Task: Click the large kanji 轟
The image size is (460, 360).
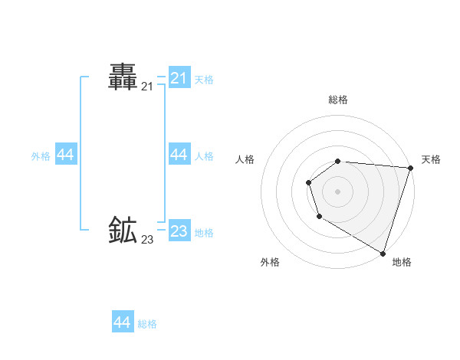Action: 123,77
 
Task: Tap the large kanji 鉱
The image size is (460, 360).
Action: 123,230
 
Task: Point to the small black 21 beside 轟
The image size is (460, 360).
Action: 147,87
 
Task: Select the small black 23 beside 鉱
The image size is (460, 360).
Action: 147,240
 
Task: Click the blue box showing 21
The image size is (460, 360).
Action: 179,78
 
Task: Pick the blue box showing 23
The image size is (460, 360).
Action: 179,231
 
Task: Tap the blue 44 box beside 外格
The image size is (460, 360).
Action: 66,155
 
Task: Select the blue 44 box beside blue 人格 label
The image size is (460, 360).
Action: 179,155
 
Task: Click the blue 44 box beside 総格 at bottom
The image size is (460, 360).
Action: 123,322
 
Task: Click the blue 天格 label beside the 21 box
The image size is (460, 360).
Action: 204,79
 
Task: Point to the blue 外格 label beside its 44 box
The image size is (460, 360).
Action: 41,156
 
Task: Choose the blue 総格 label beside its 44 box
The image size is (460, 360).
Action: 147,324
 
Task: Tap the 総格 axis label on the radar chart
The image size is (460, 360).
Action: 338,100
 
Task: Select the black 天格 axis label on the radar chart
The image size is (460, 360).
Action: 431,159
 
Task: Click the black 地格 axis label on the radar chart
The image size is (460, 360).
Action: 402,262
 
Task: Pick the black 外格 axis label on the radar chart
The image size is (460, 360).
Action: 270,262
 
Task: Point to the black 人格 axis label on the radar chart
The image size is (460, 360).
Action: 245,159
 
